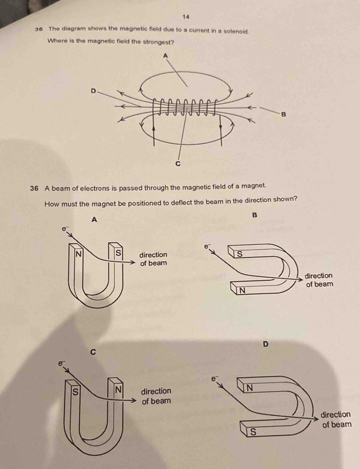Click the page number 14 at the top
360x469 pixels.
186,17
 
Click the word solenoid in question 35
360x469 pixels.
236,29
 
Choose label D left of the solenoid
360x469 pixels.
92,91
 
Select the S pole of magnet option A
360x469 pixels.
118,254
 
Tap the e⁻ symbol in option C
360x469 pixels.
60,363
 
